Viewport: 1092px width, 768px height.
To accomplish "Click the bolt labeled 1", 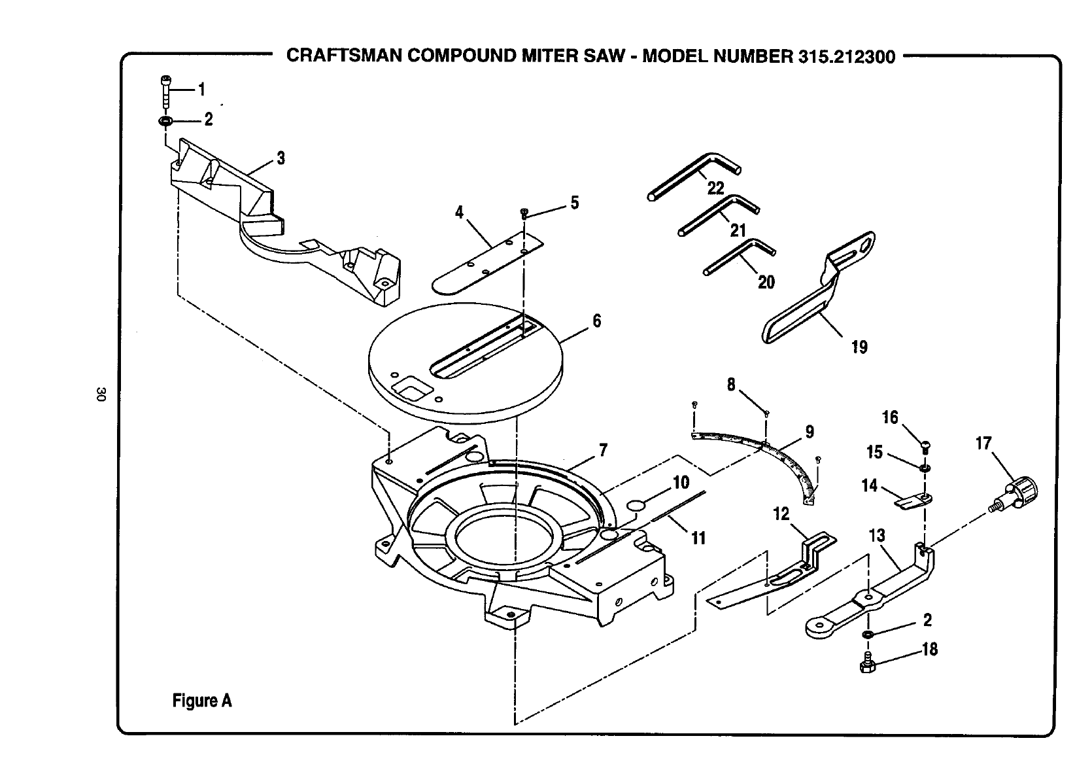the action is [165, 92].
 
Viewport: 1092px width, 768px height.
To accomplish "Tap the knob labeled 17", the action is [1014, 493].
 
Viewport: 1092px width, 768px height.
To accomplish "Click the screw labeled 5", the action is [524, 213].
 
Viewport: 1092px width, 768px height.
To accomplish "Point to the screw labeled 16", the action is [926, 447].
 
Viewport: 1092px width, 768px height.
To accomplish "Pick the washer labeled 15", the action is [925, 468].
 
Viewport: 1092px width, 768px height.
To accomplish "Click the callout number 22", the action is [715, 188].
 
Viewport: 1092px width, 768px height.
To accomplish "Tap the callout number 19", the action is [859, 347].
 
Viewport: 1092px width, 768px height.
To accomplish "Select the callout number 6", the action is [597, 321].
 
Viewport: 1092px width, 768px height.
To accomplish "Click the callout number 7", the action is [604, 450].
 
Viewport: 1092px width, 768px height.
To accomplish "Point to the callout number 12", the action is [781, 514].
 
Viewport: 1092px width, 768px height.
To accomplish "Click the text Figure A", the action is [202, 701].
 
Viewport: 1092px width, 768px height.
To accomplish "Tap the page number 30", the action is [101, 394].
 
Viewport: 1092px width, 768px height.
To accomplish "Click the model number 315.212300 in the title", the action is [847, 56].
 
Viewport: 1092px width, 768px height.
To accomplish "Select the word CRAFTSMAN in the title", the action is [344, 56].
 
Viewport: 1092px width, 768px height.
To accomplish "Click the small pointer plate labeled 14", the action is [913, 501].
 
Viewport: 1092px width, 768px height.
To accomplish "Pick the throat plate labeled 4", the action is [488, 264].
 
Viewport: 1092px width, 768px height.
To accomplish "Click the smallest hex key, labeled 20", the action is [739, 256].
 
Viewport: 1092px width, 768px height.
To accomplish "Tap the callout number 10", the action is [681, 482].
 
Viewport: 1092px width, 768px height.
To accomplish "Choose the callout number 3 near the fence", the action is [281, 158].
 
